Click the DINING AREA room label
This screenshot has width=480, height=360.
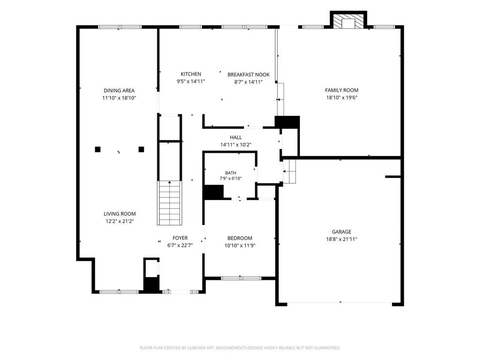119,90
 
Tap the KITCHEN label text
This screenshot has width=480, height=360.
191,74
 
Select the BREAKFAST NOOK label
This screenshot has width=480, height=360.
248,75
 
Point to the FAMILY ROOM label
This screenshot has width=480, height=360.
342,90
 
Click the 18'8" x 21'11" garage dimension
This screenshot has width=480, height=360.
342,240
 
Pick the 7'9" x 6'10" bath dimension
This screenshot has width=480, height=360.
231,179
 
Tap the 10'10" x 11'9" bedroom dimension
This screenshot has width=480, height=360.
240,246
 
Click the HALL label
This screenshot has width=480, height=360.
236,137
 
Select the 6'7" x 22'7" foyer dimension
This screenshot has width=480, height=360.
180,245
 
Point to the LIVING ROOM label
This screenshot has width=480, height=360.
120,214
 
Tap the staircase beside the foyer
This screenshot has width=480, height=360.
169,203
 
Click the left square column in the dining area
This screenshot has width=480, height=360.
97,150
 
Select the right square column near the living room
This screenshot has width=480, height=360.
141,150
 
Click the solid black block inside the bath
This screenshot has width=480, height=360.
214,192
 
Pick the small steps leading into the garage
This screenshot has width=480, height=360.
289,171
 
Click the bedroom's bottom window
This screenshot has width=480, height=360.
241,278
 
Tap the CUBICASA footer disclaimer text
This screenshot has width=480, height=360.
240,348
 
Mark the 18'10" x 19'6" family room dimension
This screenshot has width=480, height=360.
342,98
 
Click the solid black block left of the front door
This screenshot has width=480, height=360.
151,285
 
